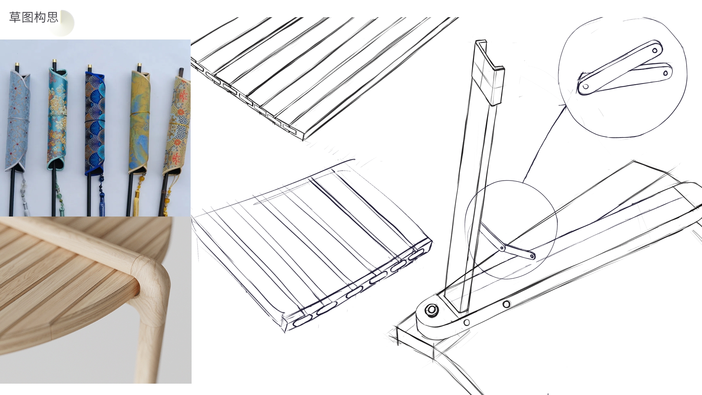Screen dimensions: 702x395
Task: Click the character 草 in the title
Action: pos(15,17)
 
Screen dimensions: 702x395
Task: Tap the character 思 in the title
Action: pos(52,17)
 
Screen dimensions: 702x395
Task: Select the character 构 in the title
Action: pos(40,17)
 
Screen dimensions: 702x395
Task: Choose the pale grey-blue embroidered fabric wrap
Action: pos(17,121)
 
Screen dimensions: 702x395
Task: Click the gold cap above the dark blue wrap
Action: pos(90,67)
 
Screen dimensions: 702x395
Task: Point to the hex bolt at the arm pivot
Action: pos(432,310)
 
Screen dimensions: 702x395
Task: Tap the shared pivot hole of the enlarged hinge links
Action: pos(586,87)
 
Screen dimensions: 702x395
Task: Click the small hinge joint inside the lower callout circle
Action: pos(502,248)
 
